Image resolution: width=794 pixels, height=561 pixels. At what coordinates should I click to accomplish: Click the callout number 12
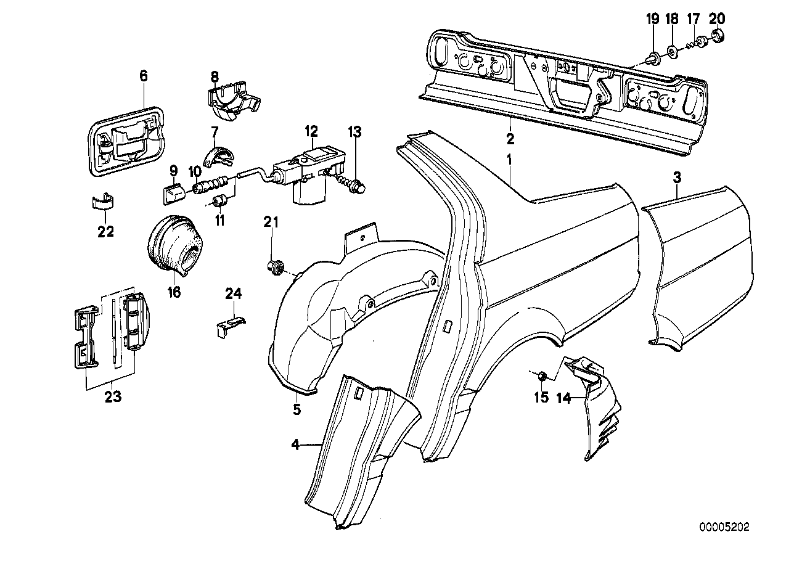(311, 131)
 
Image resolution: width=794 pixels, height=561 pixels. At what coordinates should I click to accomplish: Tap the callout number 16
(174, 290)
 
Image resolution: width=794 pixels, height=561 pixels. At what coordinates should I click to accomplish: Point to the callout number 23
(113, 397)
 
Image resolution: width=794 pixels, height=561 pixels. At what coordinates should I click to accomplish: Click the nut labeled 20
(717, 38)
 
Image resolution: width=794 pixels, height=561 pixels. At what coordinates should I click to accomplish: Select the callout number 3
(677, 179)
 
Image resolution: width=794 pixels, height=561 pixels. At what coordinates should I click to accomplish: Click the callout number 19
(652, 18)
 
